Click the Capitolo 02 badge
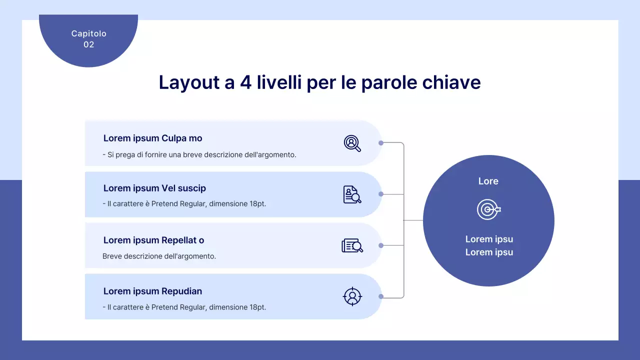pyautogui.click(x=88, y=39)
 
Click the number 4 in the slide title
pyautogui.click(x=245, y=82)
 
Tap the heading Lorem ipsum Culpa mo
pyautogui.click(x=152, y=138)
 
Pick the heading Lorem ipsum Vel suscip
pyautogui.click(x=154, y=188)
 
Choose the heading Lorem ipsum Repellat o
pyautogui.click(x=153, y=240)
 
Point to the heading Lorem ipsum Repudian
pyautogui.click(x=152, y=291)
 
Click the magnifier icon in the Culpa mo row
pyautogui.click(x=352, y=143)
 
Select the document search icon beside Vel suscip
pyautogui.click(x=352, y=194)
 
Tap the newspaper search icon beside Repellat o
pyautogui.click(x=352, y=245)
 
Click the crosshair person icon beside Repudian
pyautogui.click(x=352, y=296)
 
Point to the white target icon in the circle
pyautogui.click(x=488, y=210)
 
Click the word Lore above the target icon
pyautogui.click(x=488, y=181)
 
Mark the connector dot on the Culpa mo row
pyautogui.click(x=381, y=143)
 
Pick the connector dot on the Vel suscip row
pyautogui.click(x=381, y=194)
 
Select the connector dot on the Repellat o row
pyautogui.click(x=381, y=245)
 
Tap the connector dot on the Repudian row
pyautogui.click(x=381, y=296)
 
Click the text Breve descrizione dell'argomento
pyautogui.click(x=159, y=256)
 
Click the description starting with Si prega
pyautogui.click(x=199, y=155)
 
